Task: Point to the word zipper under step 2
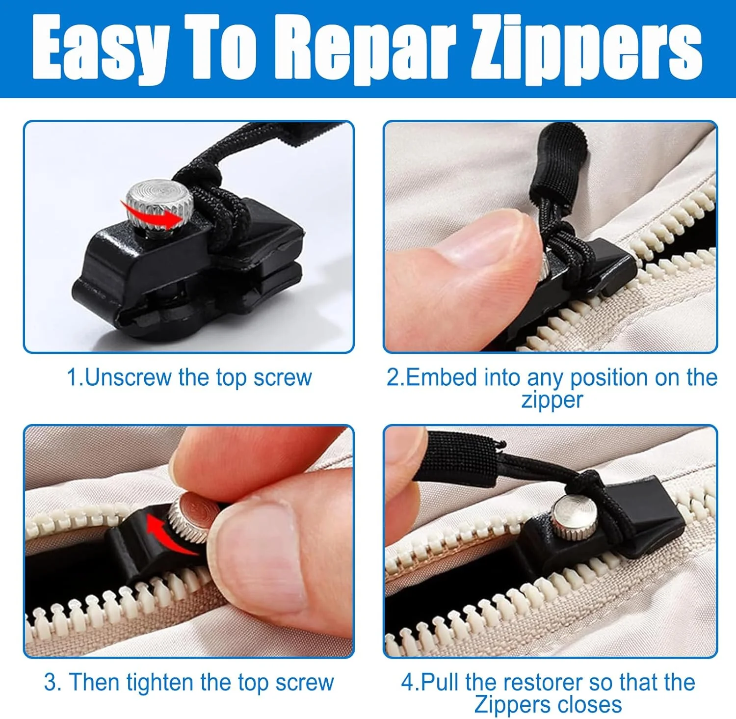(552, 399)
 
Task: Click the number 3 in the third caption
(50, 683)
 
